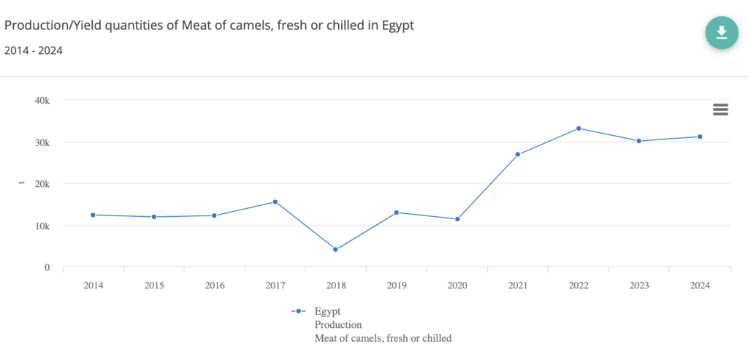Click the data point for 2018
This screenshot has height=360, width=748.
[335, 250]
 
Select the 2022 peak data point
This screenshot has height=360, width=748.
[579, 129]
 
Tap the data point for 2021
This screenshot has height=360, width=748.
[518, 154]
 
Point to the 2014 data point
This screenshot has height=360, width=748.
[93, 215]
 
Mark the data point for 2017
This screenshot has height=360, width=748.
[275, 202]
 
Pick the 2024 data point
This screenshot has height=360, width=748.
[700, 137]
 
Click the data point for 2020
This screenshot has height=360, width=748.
[457, 219]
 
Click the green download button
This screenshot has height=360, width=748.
[721, 32]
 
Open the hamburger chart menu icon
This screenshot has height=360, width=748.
[720, 110]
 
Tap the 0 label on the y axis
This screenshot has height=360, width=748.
[46, 267]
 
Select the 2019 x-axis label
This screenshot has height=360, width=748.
[396, 285]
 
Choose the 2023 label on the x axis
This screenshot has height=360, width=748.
[639, 285]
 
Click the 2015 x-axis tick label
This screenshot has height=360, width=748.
[153, 285]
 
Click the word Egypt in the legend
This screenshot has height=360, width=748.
[327, 311]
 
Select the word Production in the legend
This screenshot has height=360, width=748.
[338, 324]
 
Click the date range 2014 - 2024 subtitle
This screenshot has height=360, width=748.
[33, 50]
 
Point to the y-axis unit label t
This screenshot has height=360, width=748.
[22, 183]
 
